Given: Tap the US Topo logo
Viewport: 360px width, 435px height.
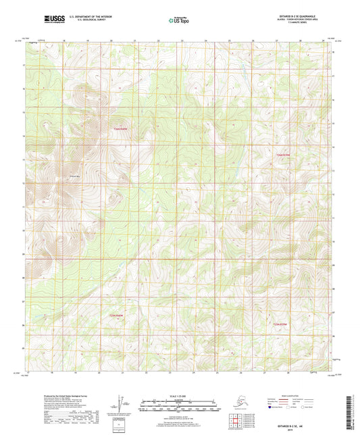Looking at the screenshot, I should pos(178,20).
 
